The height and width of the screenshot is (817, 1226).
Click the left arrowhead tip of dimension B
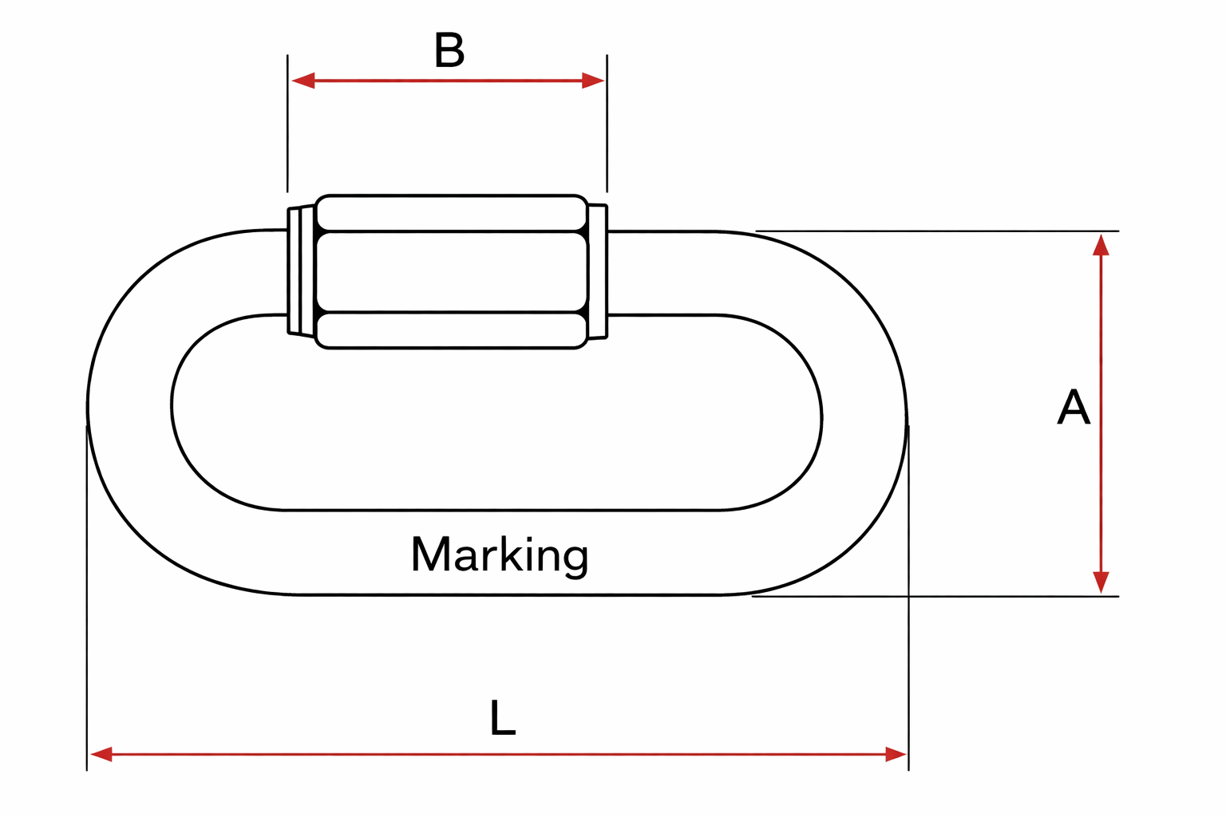click(292, 81)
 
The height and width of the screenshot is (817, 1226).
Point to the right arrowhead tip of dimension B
click(604, 81)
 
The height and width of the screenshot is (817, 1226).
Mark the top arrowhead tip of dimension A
click(1101, 235)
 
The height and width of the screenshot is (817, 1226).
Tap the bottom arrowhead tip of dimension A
click(1101, 593)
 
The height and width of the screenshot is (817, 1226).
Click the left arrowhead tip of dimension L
click(90, 755)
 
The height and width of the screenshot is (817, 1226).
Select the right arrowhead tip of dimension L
click(907, 755)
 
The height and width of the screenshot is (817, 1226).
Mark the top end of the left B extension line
click(287, 55)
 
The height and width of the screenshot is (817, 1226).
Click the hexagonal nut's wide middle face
click(452, 272)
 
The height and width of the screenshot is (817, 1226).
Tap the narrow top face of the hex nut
click(452, 213)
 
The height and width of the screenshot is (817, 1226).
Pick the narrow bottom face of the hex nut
click(452, 330)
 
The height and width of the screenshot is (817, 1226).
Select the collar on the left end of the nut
click(301, 272)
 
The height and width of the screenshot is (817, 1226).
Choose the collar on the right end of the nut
click(598, 272)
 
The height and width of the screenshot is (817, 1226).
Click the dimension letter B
click(449, 50)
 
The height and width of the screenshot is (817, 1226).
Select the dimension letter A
click(1074, 407)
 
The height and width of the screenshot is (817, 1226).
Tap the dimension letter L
click(503, 717)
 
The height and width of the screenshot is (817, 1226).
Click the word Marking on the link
click(500, 555)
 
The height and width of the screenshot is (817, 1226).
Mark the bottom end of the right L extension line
click(908, 771)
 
